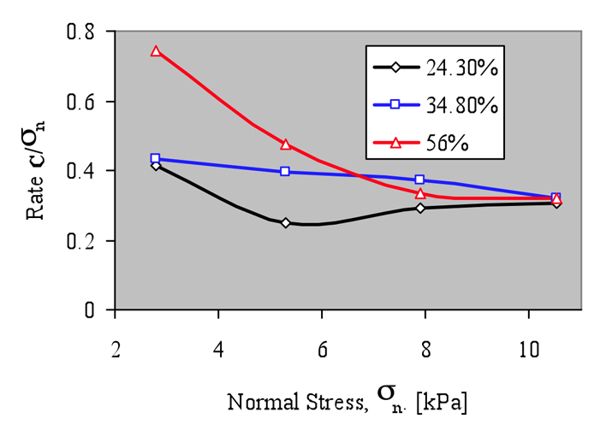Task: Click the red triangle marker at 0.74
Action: click(156, 51)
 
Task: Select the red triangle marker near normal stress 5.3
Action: click(285, 144)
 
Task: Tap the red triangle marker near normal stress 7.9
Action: click(420, 193)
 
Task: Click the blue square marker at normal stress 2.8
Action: click(155, 158)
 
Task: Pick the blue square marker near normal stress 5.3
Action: click(285, 171)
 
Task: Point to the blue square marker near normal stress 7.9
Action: click(419, 180)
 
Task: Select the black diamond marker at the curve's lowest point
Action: click(285, 222)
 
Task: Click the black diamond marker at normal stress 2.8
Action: click(155, 165)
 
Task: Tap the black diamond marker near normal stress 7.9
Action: click(419, 208)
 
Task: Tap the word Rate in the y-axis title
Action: click(37, 201)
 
